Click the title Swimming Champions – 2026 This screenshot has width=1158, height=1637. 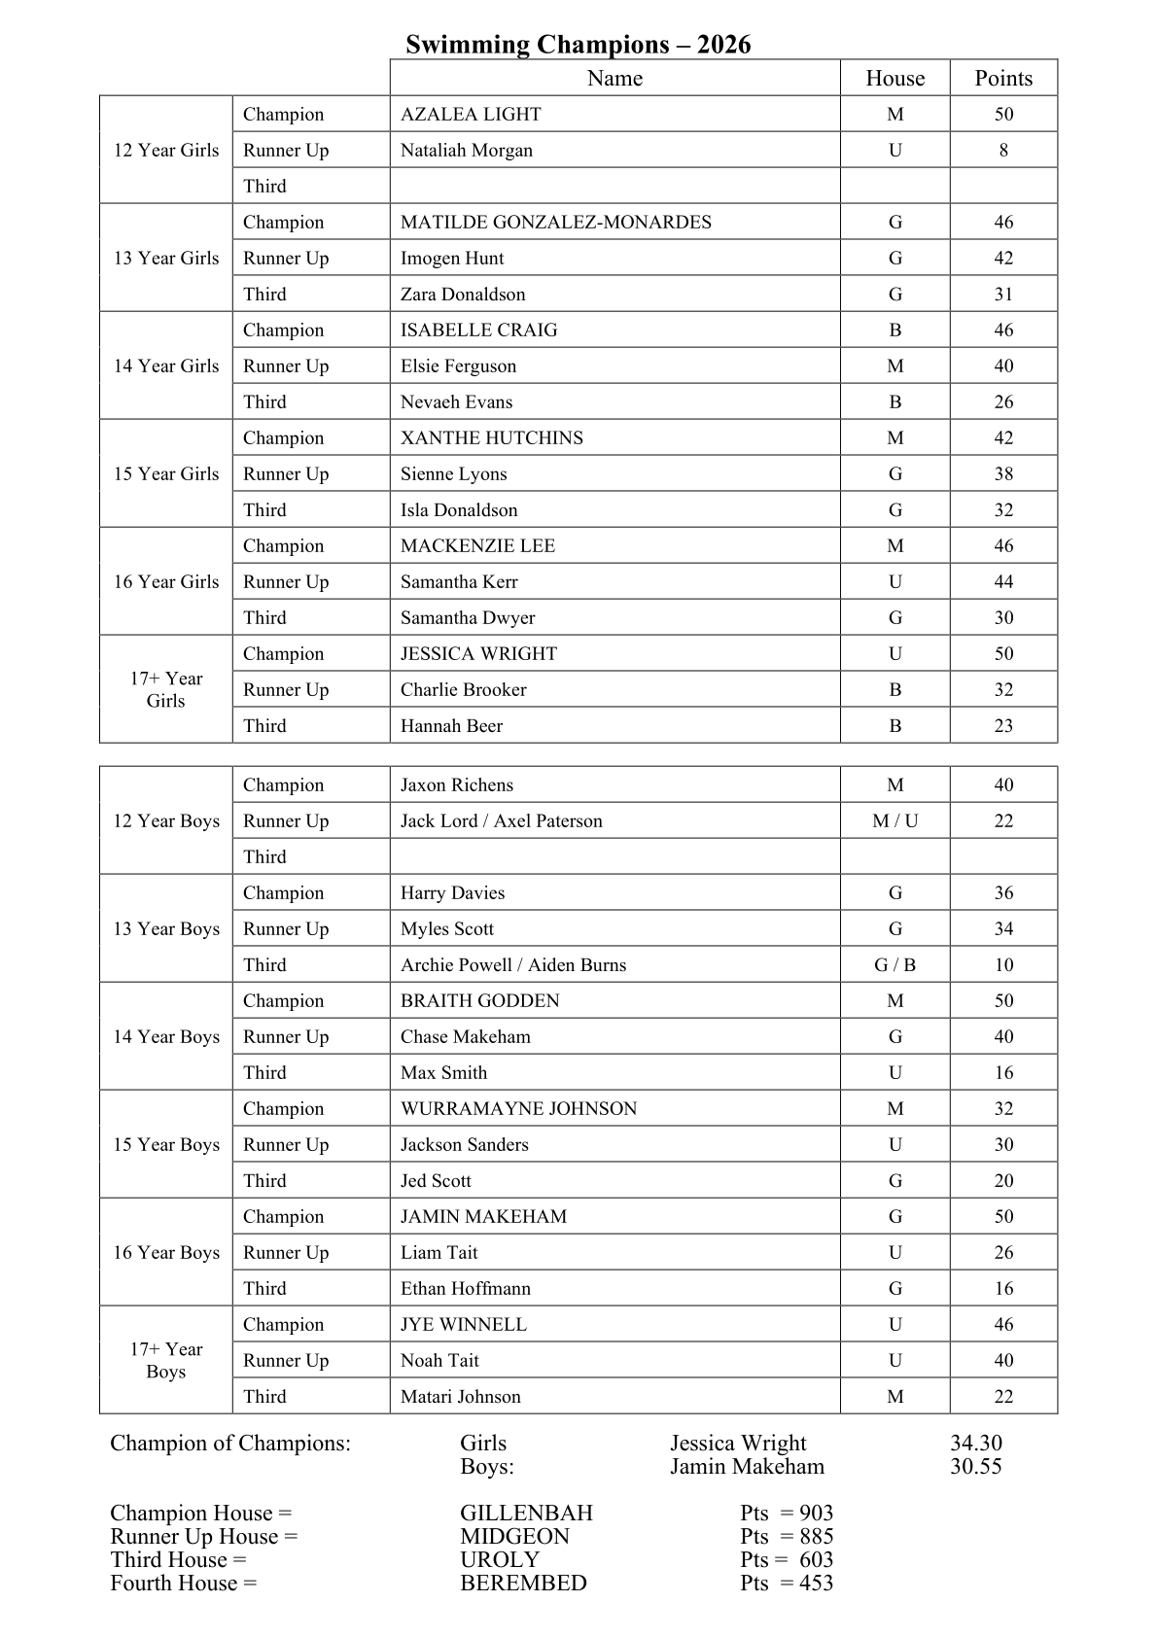coord(578,45)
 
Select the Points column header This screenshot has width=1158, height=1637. coord(1003,79)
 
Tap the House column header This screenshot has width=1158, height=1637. coord(895,79)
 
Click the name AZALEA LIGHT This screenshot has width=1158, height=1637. coord(471,115)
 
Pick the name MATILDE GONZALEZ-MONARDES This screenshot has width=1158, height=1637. coord(555,223)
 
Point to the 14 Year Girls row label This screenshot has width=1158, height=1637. coord(166,366)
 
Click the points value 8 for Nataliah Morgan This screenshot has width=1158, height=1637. coord(1003,151)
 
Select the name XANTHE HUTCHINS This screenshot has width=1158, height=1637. coord(492,438)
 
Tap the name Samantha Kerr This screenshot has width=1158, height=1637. coord(459,582)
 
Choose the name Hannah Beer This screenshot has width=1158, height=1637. coord(451,726)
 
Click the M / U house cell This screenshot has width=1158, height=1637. coord(895,821)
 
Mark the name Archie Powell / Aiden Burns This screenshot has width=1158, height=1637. coord(513,965)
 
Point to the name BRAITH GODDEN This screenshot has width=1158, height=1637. coord(480,1001)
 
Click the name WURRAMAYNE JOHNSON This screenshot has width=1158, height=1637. coord(518,1109)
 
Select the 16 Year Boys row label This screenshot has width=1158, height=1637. coord(166,1253)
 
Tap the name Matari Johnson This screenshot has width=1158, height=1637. coord(461,1397)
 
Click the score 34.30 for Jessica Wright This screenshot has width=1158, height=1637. coord(975,1444)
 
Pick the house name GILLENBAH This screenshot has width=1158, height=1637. coord(526,1514)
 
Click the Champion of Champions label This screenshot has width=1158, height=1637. coord(230,1444)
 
